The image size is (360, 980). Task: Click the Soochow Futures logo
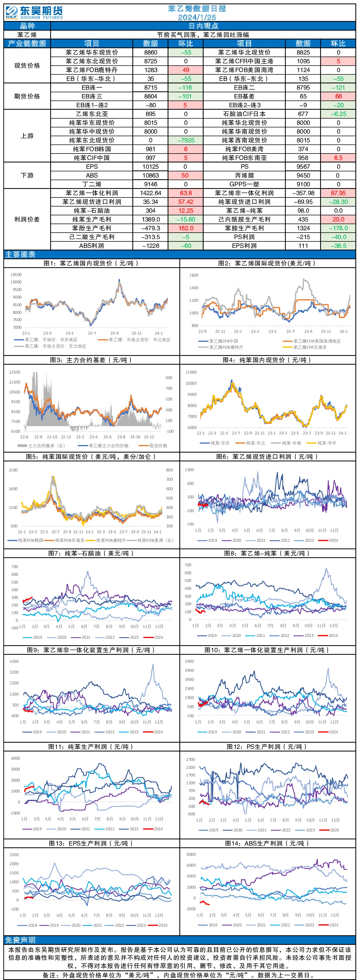(34, 13)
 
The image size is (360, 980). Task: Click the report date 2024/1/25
(197, 17)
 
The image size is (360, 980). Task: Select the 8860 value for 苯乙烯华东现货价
(151, 52)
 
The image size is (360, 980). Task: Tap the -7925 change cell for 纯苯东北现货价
(186, 140)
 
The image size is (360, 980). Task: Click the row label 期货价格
(27, 96)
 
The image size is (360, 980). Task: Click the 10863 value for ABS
(151, 176)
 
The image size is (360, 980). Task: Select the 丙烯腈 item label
(244, 176)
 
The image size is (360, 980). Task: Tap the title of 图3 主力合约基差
(91, 360)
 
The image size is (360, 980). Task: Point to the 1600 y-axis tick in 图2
(194, 275)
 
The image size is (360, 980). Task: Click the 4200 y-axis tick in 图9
(14, 662)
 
